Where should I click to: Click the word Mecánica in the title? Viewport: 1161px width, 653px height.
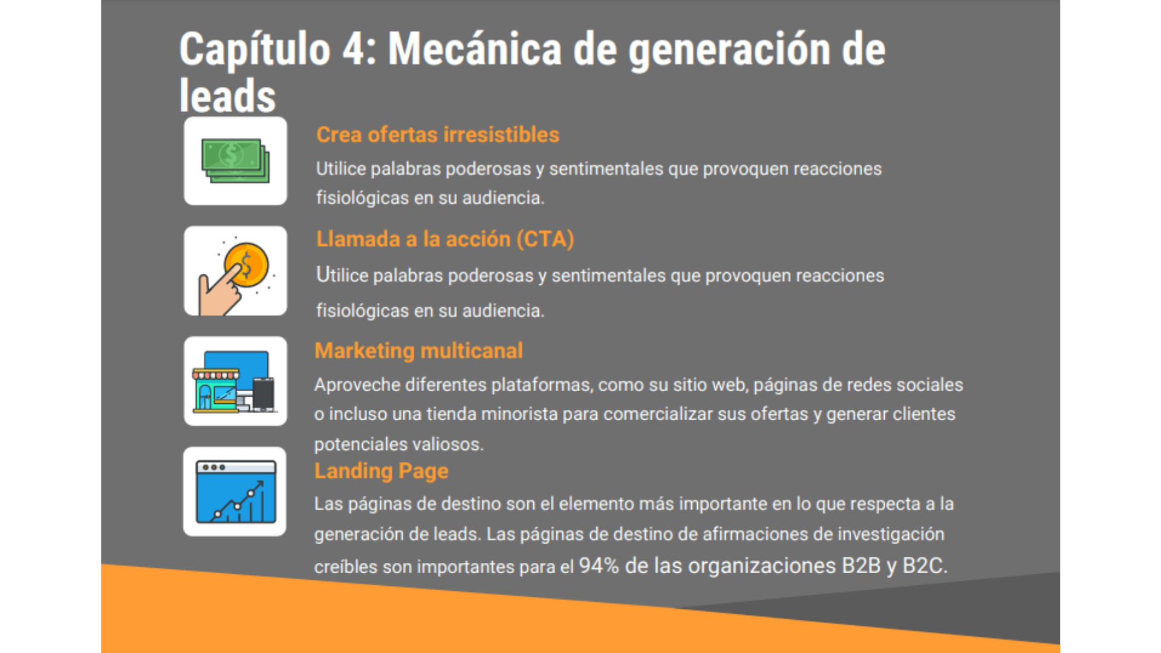tap(475, 48)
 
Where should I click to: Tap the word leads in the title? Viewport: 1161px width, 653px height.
tap(227, 96)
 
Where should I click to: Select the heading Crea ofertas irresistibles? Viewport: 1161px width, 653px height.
tap(438, 135)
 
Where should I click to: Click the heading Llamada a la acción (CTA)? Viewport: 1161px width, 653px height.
tap(445, 239)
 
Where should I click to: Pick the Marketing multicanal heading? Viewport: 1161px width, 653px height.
tap(418, 351)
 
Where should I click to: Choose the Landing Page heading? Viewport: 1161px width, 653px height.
tap(381, 471)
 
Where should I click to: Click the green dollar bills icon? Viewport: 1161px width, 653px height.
tap(235, 161)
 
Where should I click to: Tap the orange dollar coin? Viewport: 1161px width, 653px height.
tap(246, 265)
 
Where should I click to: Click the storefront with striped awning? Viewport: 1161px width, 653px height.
tap(216, 391)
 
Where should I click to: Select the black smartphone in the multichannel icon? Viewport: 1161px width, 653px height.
tap(263, 394)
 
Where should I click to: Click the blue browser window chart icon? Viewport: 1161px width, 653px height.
tap(236, 492)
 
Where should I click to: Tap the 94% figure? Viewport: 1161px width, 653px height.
tap(599, 566)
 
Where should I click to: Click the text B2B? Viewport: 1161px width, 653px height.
tap(861, 566)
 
